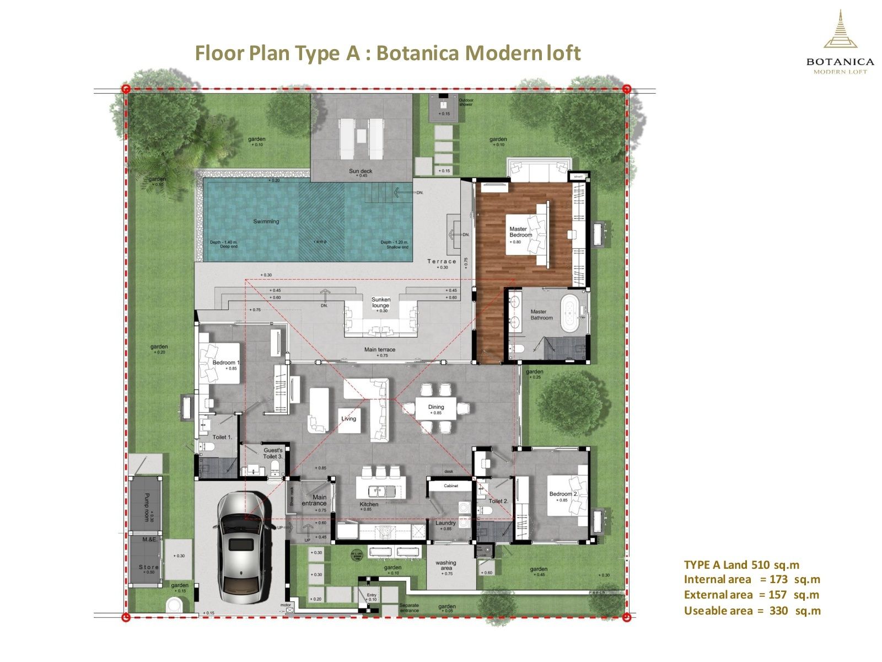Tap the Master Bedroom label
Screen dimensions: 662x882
[518, 232]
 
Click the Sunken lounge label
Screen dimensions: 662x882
[380, 303]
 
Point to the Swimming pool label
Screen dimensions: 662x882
[266, 222]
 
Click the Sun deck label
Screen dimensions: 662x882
[361, 171]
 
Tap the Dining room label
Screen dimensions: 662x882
[436, 407]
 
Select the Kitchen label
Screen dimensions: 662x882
[369, 504]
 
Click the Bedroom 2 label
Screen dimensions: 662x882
[563, 494]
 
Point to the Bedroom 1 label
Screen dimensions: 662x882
[226, 362]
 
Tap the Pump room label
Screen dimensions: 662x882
[146, 506]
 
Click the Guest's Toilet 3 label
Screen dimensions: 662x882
[273, 453]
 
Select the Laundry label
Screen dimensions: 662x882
[445, 523]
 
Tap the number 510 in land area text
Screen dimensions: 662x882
[761, 565]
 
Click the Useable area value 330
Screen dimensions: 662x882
[778, 611]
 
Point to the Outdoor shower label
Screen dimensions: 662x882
[466, 102]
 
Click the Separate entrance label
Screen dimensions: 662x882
[409, 608]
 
